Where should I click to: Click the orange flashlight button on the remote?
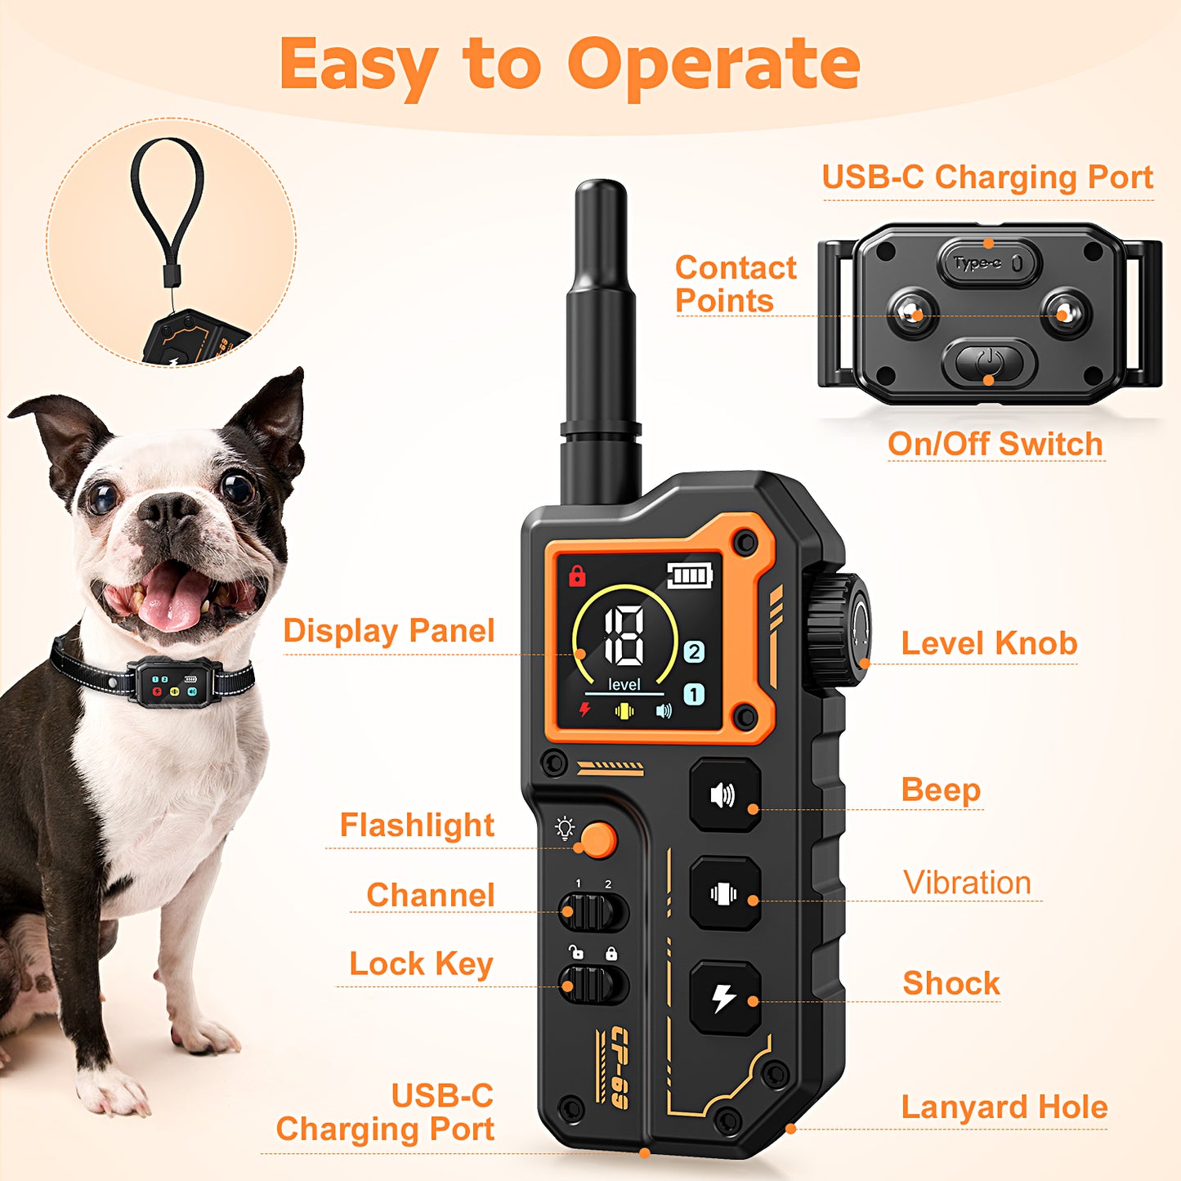597,840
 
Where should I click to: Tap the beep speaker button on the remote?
724,795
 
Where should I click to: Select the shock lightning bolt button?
725,998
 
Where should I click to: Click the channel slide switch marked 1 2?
593,912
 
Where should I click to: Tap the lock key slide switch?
593,984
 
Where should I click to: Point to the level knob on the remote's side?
836,631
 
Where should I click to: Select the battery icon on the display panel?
690,576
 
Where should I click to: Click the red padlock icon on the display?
577,575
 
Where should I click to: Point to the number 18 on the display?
624,637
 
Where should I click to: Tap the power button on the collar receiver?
989,362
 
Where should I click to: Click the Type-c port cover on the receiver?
988,263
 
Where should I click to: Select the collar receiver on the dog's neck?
174,683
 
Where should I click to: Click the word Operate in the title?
714,65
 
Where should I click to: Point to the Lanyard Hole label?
1004,1107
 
